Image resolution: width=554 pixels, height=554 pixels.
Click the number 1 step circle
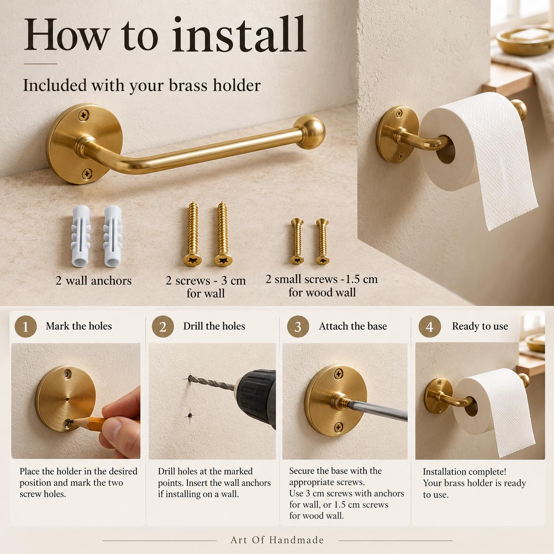26,326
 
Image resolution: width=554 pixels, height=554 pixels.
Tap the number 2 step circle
163,326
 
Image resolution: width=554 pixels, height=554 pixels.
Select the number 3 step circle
298,326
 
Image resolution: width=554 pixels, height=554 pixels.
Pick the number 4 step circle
429,326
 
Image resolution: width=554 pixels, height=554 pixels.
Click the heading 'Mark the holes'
79,326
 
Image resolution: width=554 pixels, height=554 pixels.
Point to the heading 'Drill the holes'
214,326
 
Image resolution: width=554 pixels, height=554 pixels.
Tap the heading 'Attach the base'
353,326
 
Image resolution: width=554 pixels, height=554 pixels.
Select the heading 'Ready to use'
480,326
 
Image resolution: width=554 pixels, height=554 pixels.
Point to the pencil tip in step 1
70,421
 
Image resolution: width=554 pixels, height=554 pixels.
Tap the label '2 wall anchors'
93,281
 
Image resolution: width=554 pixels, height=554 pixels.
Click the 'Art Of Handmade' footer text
277,540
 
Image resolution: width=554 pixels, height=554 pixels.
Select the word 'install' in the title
239,35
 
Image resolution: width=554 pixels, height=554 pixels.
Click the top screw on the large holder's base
84,115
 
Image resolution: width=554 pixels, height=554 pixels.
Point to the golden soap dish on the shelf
525,41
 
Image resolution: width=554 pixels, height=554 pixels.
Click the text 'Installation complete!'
464,471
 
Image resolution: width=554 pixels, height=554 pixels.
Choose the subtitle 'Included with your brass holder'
142,86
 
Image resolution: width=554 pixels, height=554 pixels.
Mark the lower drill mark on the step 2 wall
190,415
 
